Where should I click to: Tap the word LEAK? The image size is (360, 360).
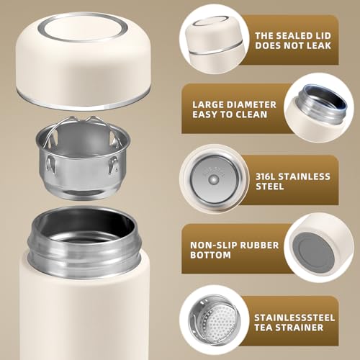click(319, 45)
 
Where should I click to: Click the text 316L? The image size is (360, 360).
click(265, 176)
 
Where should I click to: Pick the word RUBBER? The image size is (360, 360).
click(259, 246)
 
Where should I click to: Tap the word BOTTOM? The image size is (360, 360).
click(210, 255)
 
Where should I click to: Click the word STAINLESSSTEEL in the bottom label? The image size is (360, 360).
click(294, 318)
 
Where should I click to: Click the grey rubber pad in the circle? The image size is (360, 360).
click(315, 250)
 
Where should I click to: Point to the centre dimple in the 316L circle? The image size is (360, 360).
click(213, 179)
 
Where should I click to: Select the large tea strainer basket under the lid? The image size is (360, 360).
click(83, 158)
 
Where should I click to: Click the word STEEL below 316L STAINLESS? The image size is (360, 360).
click(270, 186)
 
